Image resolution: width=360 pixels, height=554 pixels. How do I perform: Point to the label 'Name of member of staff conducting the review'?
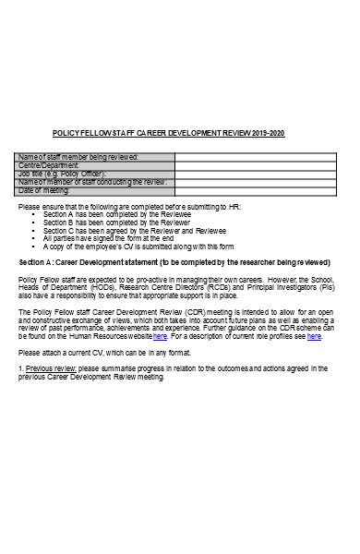click(92, 182)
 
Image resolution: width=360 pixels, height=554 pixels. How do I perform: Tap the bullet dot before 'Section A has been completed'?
click(46, 215)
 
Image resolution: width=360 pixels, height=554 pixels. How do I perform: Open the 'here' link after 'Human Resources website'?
click(160, 336)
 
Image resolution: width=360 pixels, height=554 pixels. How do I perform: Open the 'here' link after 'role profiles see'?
click(314, 336)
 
